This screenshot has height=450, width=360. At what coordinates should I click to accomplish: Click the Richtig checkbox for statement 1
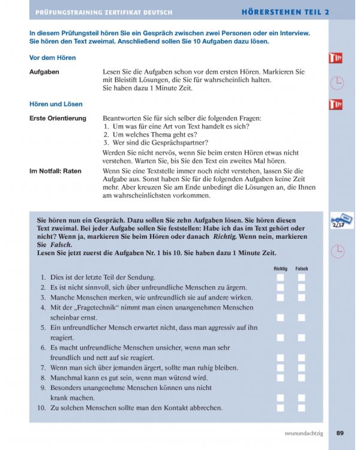click(280, 277)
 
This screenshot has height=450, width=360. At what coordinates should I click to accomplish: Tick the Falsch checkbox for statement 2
click(301, 287)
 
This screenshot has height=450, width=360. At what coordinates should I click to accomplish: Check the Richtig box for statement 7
click(280, 368)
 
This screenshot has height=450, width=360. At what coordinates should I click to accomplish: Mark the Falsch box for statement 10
click(301, 408)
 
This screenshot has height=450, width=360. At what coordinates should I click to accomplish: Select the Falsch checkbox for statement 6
click(301, 358)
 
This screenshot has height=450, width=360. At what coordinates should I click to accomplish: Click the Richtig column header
click(280, 269)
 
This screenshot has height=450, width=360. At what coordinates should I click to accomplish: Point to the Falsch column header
click(301, 269)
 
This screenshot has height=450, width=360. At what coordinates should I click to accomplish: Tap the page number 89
click(340, 433)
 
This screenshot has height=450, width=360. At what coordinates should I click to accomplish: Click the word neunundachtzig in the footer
click(304, 433)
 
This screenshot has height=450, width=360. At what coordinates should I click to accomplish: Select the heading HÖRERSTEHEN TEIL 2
click(286, 11)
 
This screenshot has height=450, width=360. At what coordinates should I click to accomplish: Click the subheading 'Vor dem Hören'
click(53, 58)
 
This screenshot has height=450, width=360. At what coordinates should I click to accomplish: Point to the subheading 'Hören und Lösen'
click(56, 104)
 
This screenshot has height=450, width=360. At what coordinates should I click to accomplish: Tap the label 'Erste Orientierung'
click(58, 118)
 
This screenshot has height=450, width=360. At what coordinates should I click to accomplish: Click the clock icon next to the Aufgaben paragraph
click(338, 83)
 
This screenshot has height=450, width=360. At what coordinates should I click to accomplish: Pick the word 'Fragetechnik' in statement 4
click(95, 307)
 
